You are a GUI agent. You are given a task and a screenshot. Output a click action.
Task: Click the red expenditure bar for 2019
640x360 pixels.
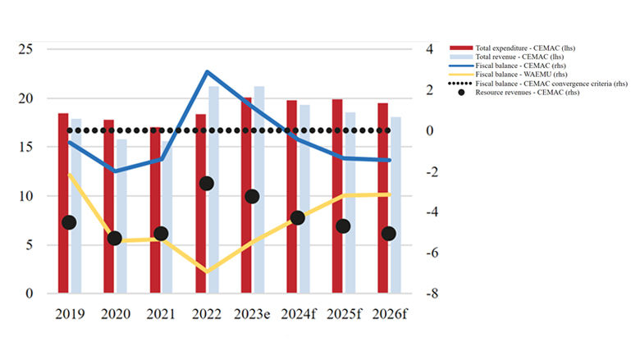63,205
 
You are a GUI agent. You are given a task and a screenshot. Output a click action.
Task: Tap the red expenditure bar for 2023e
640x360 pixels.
246,197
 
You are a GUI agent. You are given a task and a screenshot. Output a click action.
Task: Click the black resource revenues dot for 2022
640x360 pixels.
207,184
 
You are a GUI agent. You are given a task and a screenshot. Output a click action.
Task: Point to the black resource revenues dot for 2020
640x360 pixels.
115,239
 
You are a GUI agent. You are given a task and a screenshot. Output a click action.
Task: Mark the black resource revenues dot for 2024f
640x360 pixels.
298,218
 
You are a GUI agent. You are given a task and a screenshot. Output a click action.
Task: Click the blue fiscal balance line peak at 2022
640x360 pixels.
207,72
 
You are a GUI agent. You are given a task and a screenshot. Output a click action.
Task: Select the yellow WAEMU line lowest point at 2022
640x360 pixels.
207,271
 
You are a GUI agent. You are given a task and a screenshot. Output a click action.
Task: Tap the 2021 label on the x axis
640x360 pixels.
161,314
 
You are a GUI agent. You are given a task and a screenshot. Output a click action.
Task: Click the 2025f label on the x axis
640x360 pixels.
344,314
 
